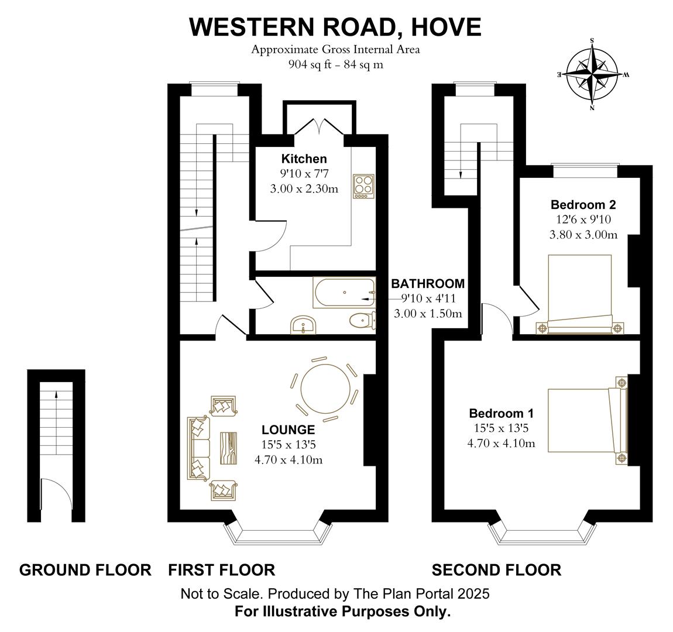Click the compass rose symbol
(592, 74)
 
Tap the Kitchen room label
(304, 159)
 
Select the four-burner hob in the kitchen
(363, 186)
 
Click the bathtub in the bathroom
(344, 292)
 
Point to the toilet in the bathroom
(362, 320)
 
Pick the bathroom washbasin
(303, 325)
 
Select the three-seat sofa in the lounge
(198, 448)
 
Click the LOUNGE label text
(288, 430)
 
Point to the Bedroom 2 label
(583, 205)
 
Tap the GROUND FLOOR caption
(85, 569)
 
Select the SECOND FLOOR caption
(496, 569)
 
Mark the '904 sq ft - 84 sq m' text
(335, 64)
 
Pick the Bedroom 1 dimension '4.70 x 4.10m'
(501, 443)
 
